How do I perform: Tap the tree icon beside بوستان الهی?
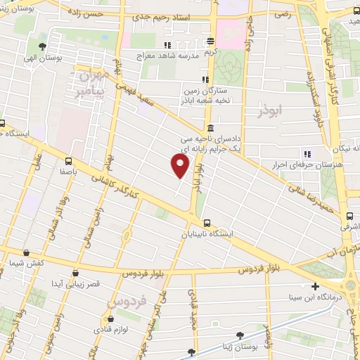[43, 47]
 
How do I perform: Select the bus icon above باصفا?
[68, 160]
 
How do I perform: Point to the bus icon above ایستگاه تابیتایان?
[205, 223]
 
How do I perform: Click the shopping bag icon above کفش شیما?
[26, 253]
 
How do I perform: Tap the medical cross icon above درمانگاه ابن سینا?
[316, 287]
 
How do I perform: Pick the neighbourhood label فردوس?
[127, 303]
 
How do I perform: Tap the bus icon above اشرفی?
[350, 216]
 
